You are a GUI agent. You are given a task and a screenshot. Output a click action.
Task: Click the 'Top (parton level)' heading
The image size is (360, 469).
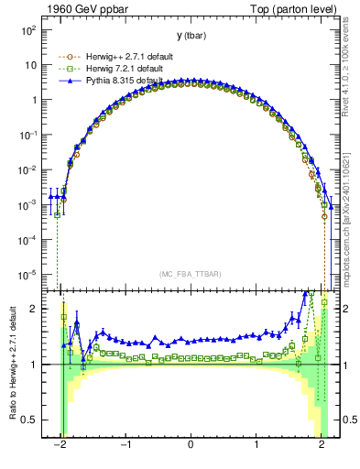coord(295,8)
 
